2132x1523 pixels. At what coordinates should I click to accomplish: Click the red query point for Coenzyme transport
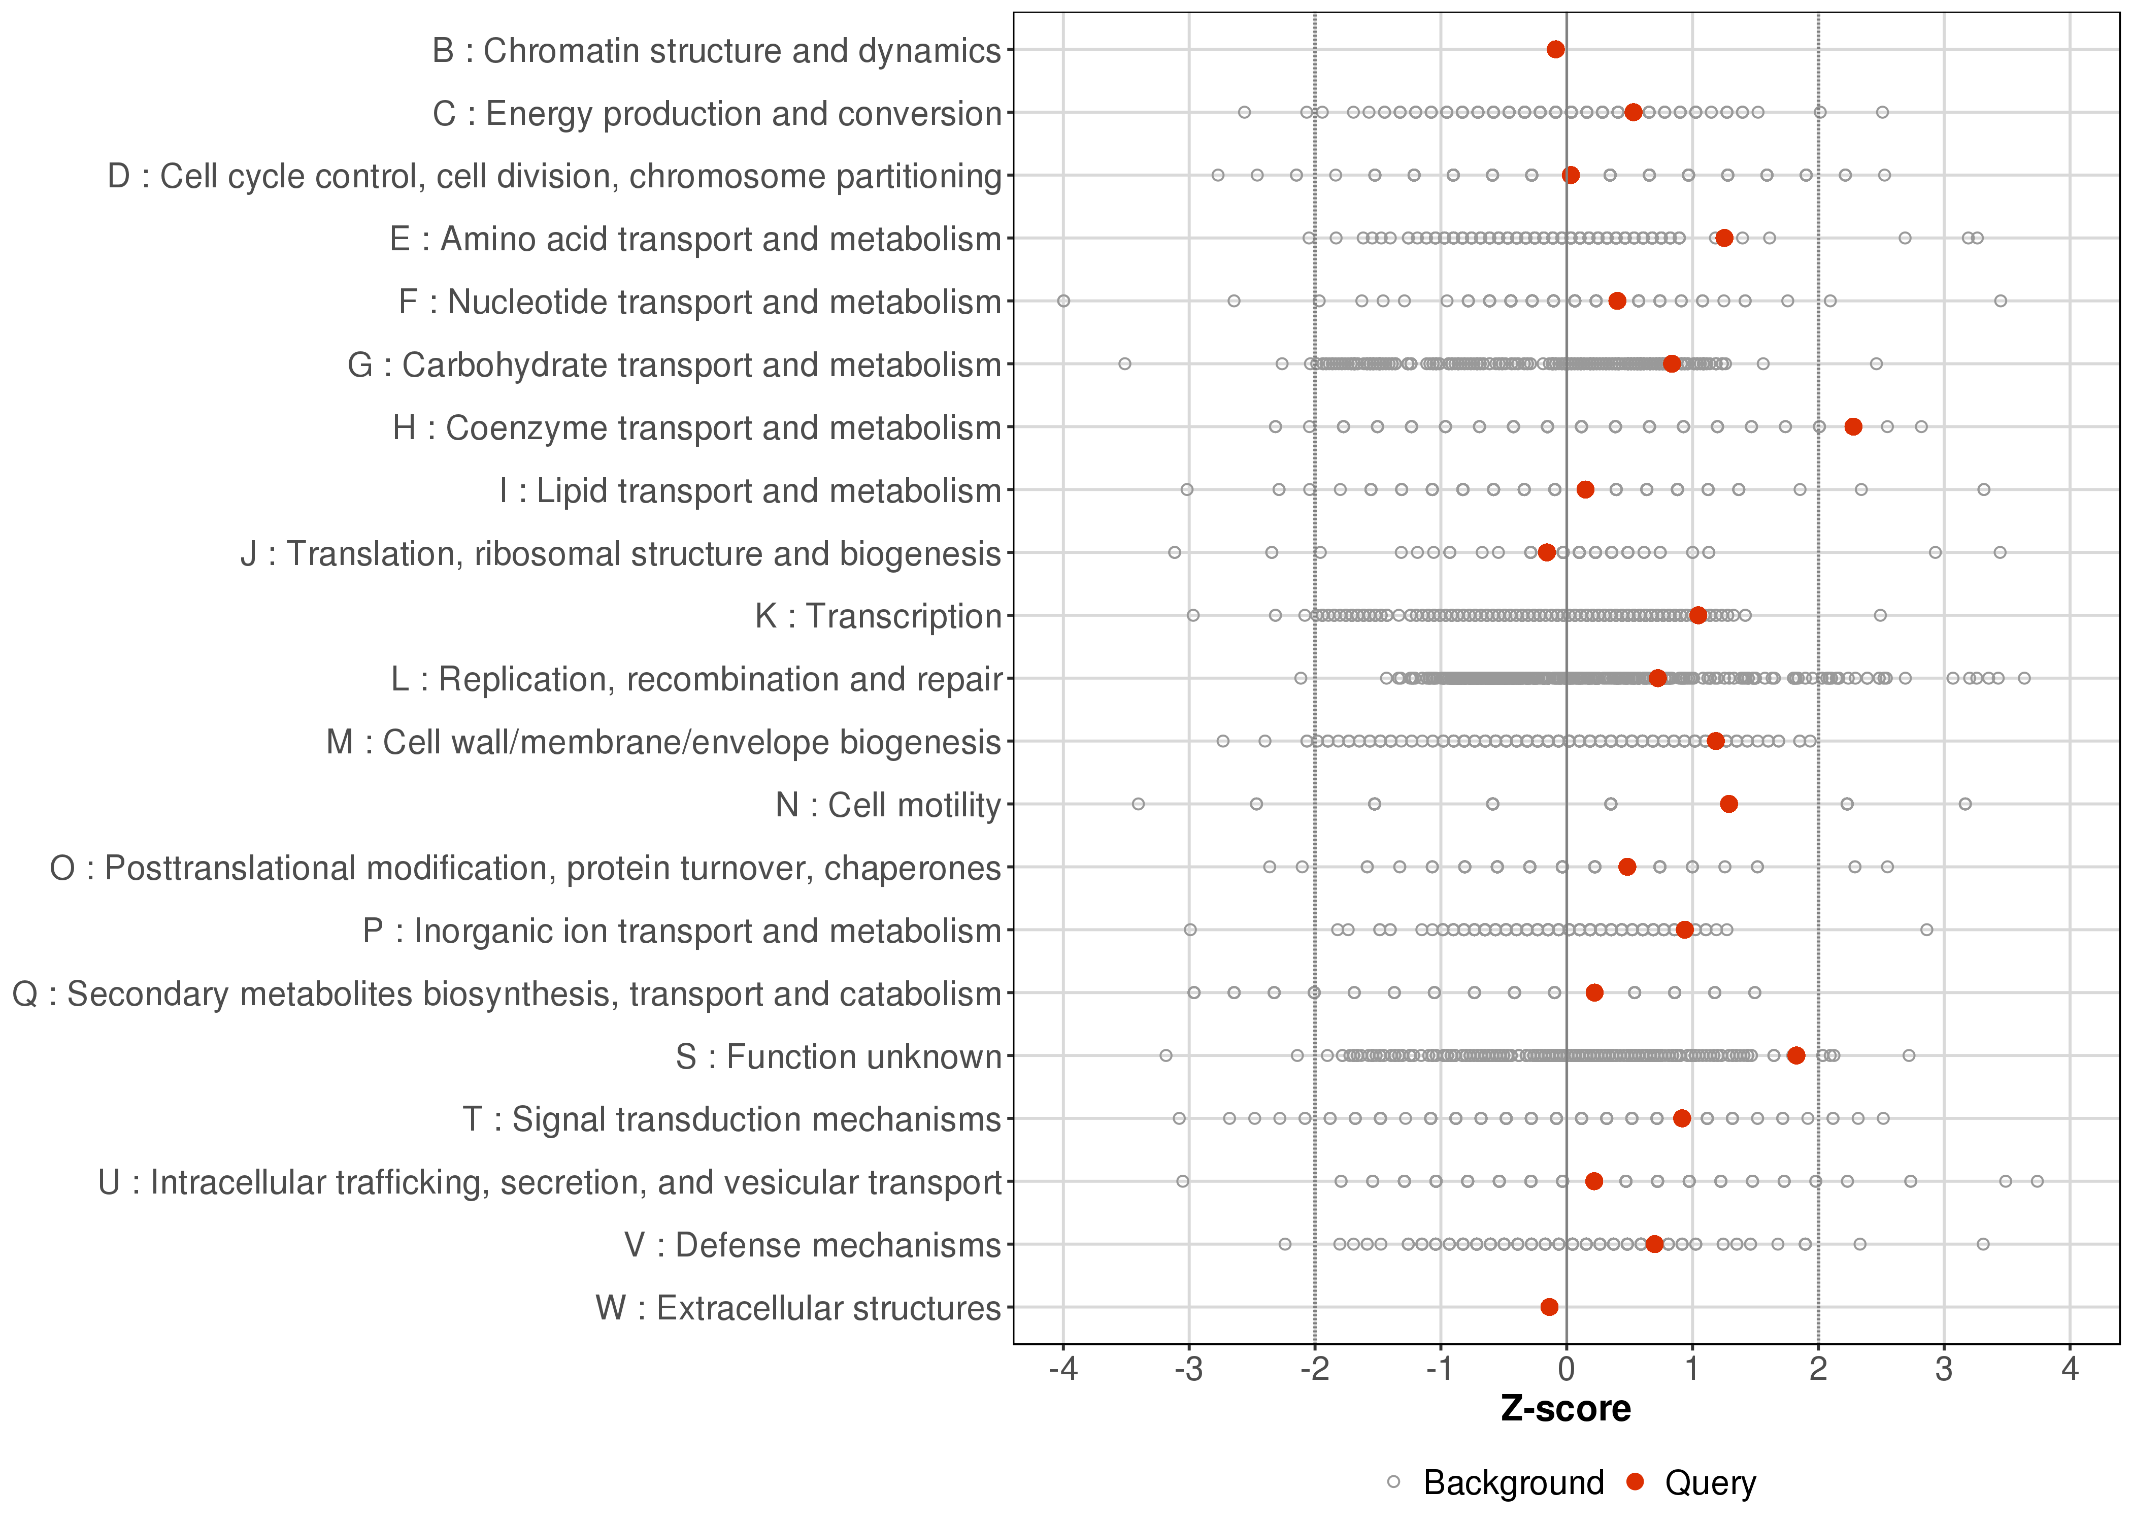pos(1853,427)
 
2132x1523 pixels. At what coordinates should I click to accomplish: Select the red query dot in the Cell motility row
pos(1729,804)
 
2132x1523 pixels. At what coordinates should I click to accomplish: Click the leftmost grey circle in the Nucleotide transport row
pos(1063,301)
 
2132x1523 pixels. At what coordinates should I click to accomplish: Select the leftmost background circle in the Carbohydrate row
pos(1125,364)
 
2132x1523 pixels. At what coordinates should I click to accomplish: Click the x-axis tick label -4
pos(1062,1370)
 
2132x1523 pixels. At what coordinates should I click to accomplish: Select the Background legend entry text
pos(1513,1483)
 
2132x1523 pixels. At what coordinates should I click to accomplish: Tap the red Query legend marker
pos(1635,1482)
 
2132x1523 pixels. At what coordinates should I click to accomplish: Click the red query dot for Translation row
pos(1546,552)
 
